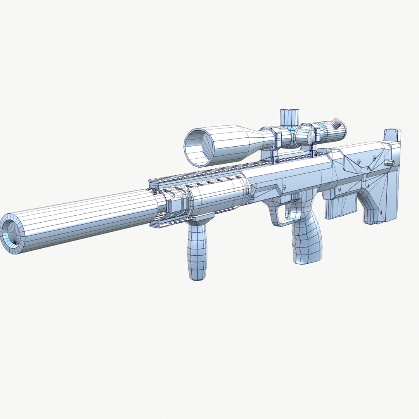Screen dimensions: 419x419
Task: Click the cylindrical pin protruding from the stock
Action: pyautogui.click(x=389, y=162)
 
